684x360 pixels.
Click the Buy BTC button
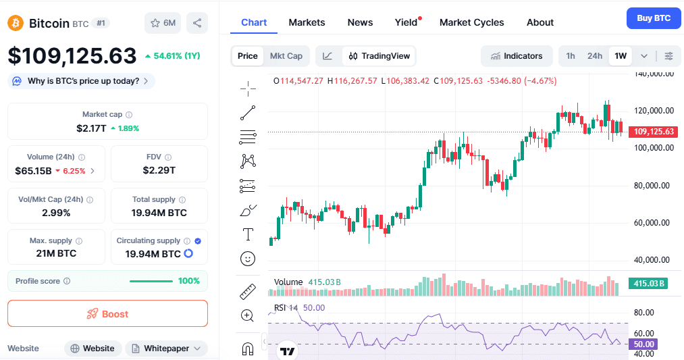coord(653,18)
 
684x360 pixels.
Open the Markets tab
coord(307,22)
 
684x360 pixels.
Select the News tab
coord(360,22)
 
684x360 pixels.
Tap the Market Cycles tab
coord(471,22)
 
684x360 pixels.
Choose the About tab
coord(540,22)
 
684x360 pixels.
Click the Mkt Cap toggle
coord(286,56)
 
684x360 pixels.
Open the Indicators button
coord(517,56)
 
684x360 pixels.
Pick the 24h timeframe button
coord(594,56)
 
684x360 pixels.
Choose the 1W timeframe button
coord(621,56)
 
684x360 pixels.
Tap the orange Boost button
coord(107,313)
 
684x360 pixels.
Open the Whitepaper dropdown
coord(166,349)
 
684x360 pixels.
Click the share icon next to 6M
coord(197,23)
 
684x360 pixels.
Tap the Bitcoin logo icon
coord(16,23)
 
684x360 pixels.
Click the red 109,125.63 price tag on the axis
coord(652,132)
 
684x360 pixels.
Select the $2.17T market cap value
coord(91,128)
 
